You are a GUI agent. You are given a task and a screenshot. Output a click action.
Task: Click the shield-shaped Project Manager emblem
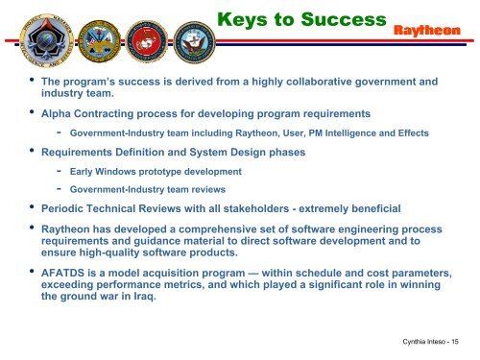click(x=32, y=35)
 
